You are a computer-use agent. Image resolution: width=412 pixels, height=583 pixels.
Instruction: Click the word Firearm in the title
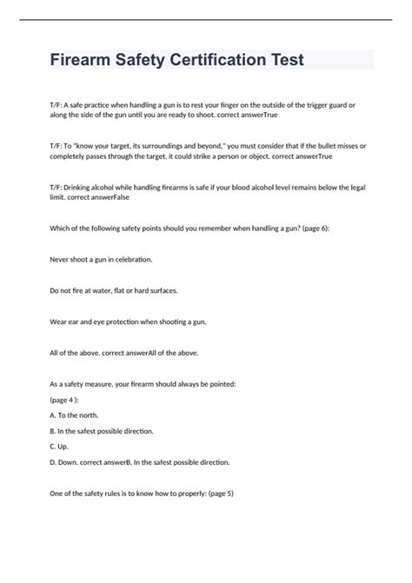(x=83, y=61)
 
